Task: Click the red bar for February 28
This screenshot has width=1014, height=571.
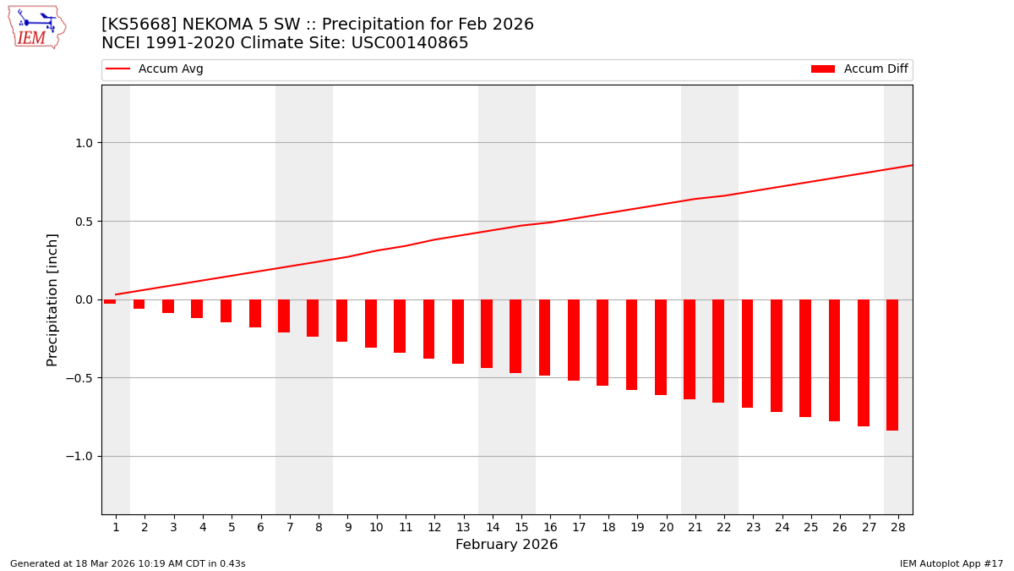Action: click(x=892, y=365)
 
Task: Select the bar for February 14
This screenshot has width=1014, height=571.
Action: click(x=487, y=333)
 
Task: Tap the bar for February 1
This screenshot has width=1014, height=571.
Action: click(x=111, y=301)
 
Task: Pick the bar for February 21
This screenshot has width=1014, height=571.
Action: click(x=690, y=349)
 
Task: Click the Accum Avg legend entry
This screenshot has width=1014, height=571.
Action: click(x=155, y=69)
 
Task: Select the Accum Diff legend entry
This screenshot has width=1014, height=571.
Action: click(x=859, y=69)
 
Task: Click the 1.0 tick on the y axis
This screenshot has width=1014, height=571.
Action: click(x=82, y=143)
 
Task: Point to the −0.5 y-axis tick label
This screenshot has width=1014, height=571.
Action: click(x=79, y=378)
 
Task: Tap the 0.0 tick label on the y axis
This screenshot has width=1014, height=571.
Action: click(x=82, y=299)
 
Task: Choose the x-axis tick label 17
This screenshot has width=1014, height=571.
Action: click(x=579, y=527)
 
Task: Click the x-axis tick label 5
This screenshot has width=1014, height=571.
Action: click(x=232, y=527)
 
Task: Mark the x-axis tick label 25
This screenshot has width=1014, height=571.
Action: click(x=811, y=527)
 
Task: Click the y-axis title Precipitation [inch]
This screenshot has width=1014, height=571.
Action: click(x=52, y=299)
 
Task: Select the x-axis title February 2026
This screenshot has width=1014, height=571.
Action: click(x=506, y=545)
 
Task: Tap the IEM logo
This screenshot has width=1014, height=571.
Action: click(x=36, y=27)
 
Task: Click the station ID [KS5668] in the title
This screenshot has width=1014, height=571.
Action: click(x=138, y=25)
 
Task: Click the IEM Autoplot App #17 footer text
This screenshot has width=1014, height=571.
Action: click(x=951, y=563)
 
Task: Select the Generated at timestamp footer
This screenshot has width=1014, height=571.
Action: click(x=128, y=563)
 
